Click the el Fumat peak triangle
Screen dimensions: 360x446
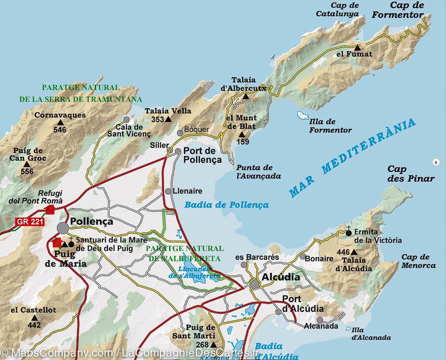click(357, 47)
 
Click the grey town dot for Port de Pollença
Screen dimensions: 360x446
click(178, 151)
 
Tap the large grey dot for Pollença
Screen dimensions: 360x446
click(63, 228)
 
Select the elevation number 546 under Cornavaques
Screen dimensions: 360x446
click(59, 130)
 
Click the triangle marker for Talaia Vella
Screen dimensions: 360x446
click(168, 119)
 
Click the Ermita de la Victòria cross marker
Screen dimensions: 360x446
click(349, 233)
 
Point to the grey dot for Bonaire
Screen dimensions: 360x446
click(303, 257)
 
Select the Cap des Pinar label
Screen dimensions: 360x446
click(411, 174)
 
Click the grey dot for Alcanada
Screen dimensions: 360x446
click(320, 320)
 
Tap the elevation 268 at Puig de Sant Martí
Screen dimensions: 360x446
click(203, 344)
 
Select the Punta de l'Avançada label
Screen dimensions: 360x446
click(259, 172)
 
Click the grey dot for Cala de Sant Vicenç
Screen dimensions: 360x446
click(127, 120)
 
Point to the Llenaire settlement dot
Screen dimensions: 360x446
click(168, 191)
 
